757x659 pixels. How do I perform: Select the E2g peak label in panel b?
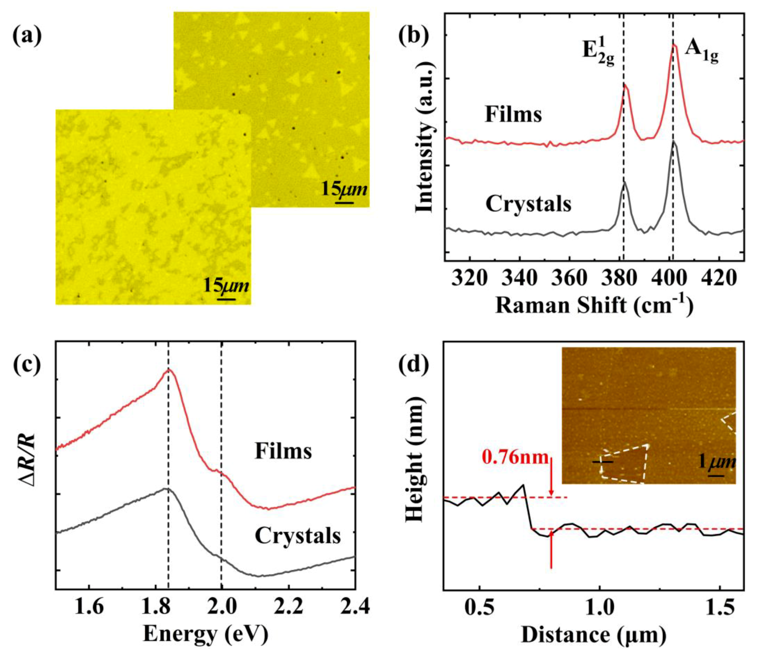[x=599, y=55]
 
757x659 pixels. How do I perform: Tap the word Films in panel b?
[x=513, y=114]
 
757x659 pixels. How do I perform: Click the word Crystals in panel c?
[x=298, y=536]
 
